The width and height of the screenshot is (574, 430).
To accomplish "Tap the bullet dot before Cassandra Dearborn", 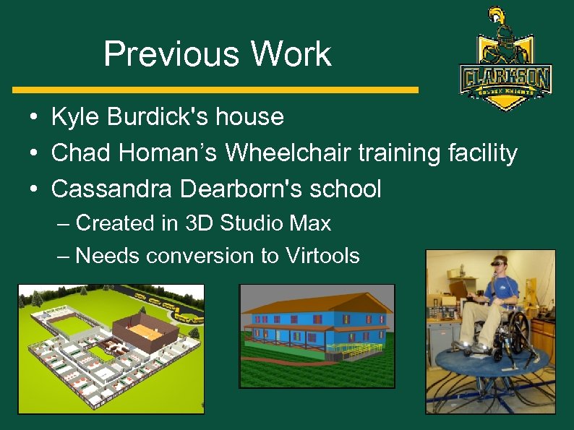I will pyautogui.click(x=34, y=189).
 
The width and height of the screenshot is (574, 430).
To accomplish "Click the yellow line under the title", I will pyautogui.click(x=215, y=90).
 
